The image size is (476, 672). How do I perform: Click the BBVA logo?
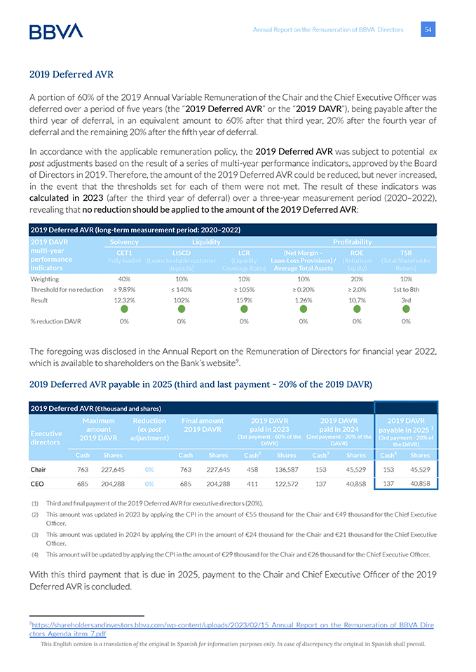(x=56, y=31)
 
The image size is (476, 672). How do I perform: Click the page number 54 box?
(x=428, y=29)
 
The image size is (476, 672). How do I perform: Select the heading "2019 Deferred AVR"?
(x=72, y=74)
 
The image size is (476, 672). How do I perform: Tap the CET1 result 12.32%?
(x=124, y=300)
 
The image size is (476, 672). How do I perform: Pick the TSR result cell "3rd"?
(x=405, y=300)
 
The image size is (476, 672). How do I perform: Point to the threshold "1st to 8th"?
(x=405, y=288)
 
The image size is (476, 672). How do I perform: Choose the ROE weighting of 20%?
(x=357, y=278)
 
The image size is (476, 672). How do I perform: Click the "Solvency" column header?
(x=124, y=241)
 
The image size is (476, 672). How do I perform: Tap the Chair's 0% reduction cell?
(x=149, y=470)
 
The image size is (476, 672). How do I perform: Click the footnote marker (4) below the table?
(x=34, y=554)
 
